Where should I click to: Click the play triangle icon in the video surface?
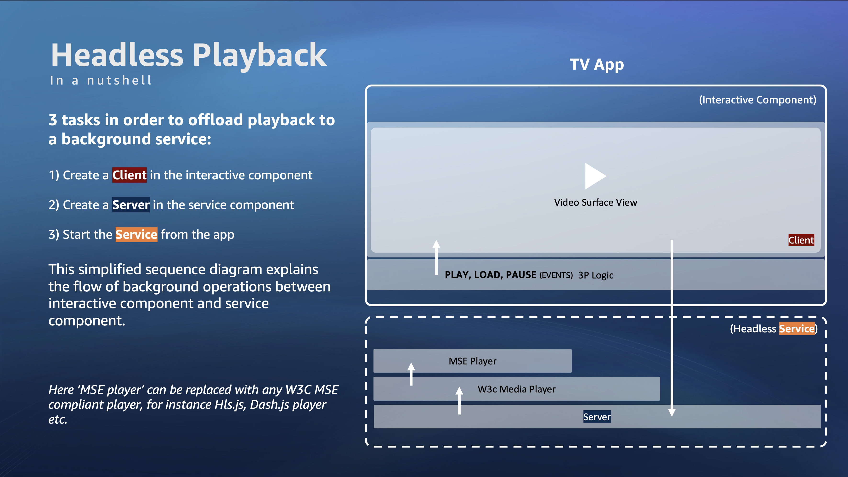(x=594, y=176)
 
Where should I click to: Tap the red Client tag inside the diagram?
(x=801, y=240)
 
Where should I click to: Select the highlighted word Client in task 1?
(x=129, y=175)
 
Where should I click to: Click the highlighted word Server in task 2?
(x=131, y=205)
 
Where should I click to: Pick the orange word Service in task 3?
(x=136, y=234)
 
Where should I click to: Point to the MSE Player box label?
(x=472, y=361)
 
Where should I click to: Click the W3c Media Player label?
(x=516, y=389)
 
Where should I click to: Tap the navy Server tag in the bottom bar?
(x=597, y=417)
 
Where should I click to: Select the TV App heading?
(x=597, y=64)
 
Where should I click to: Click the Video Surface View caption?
(x=595, y=202)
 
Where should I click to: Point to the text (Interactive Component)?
(x=758, y=100)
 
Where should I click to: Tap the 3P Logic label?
(x=595, y=275)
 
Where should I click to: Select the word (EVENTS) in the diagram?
(x=556, y=275)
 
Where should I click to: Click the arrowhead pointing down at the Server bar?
(x=672, y=412)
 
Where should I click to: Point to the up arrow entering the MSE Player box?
(x=411, y=368)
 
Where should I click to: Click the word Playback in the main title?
(x=260, y=55)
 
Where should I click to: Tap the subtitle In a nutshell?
(x=101, y=80)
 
